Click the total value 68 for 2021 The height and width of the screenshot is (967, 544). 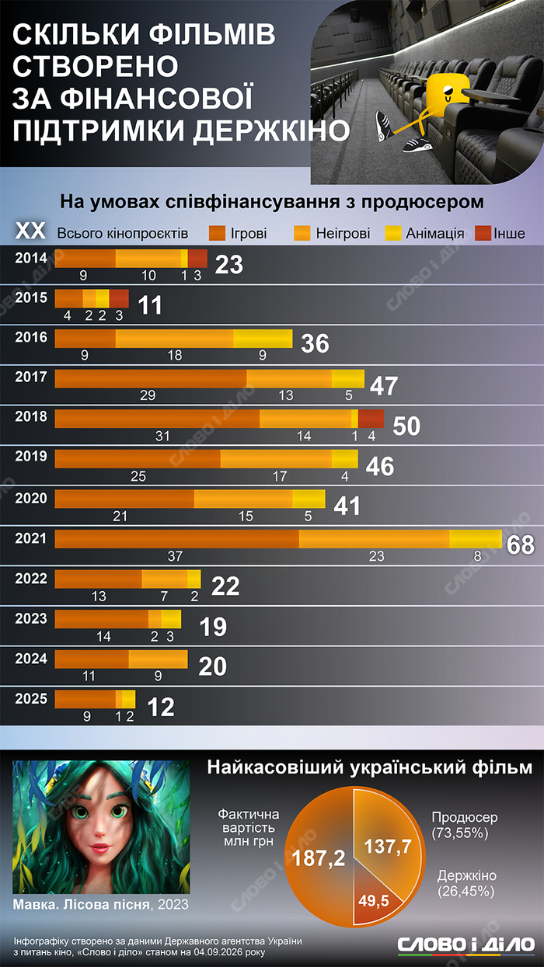pyautogui.click(x=520, y=544)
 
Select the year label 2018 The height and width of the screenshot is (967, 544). pyautogui.click(x=31, y=416)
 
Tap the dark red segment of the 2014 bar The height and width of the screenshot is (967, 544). pyautogui.click(x=197, y=258)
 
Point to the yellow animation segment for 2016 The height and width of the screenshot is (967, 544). pyautogui.click(x=263, y=339)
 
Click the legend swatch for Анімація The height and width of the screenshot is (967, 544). pyautogui.click(x=392, y=233)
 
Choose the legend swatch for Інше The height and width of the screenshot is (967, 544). pyautogui.click(x=483, y=233)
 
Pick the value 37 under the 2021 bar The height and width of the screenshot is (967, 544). pyautogui.click(x=175, y=556)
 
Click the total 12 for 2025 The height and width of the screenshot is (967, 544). pyautogui.click(x=161, y=707)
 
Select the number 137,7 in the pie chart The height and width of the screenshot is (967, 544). pyautogui.click(x=388, y=846)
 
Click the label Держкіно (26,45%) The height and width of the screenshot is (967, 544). pyautogui.click(x=466, y=883)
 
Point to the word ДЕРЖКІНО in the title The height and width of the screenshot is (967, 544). pyautogui.click(x=271, y=130)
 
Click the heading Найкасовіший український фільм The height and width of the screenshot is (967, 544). pyautogui.click(x=370, y=767)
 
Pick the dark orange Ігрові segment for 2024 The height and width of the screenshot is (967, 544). pyautogui.click(x=92, y=659)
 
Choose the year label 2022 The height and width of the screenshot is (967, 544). pyautogui.click(x=31, y=579)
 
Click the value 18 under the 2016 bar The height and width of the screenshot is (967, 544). pyautogui.click(x=175, y=355)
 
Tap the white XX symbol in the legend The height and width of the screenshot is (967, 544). pyautogui.click(x=30, y=231)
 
